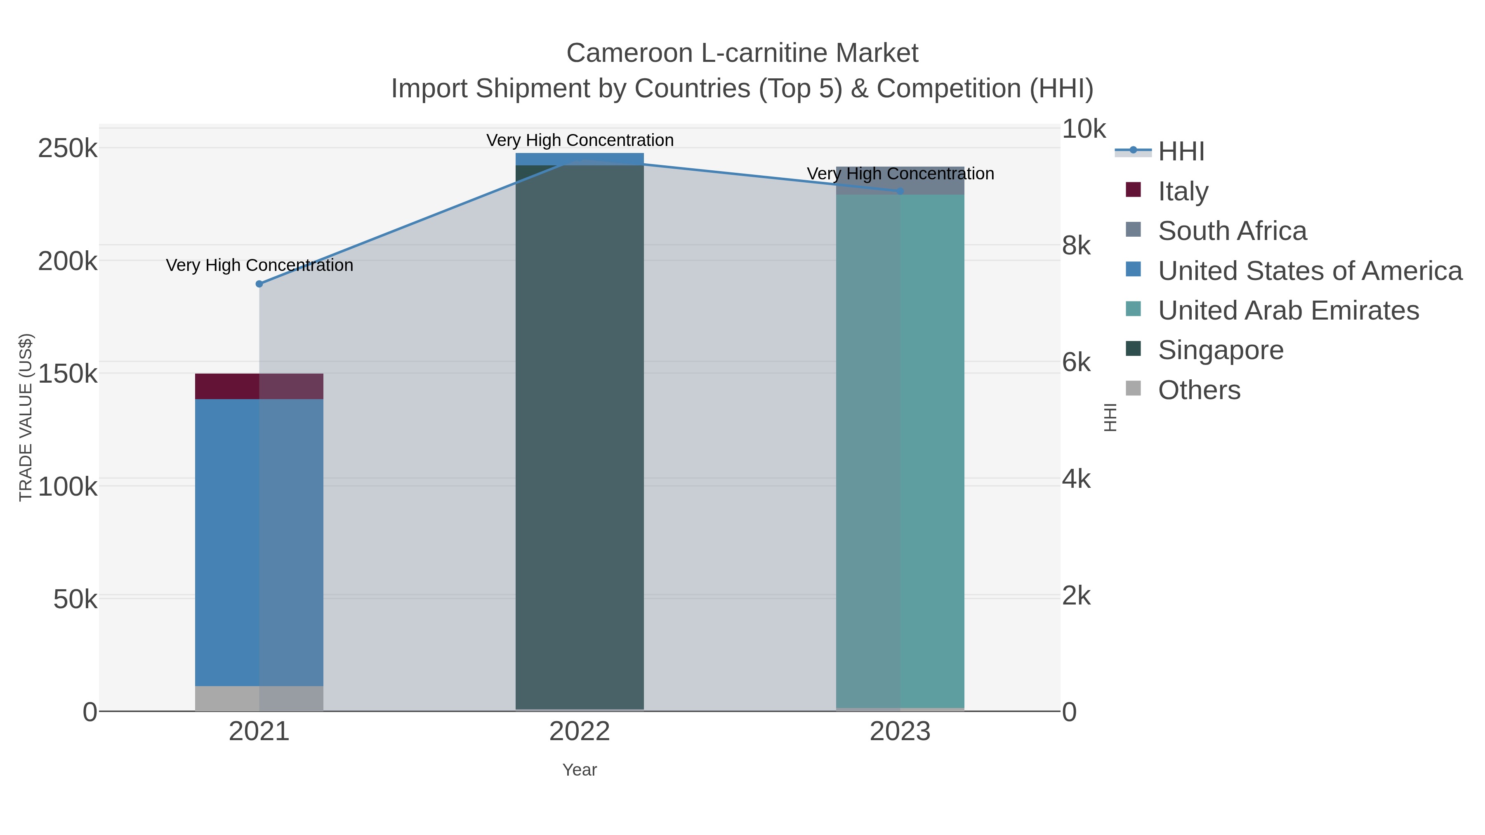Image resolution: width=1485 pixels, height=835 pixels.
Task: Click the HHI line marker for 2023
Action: coord(900,191)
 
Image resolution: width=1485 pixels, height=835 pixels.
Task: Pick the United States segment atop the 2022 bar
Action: coord(580,159)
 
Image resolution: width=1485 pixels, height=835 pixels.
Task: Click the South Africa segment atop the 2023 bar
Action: coord(900,180)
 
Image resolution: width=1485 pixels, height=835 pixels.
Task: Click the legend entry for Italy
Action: coord(1183,191)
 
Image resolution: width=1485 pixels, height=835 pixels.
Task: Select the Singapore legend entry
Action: coord(1221,350)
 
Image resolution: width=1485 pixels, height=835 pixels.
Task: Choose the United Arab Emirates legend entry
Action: coord(1288,310)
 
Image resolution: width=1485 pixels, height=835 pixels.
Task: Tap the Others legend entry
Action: coord(1199,390)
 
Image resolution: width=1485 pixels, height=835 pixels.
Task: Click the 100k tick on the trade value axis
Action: coord(68,487)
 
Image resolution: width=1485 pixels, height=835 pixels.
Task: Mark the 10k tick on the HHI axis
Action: coord(1084,129)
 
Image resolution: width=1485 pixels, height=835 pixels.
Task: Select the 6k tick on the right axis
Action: coord(1076,362)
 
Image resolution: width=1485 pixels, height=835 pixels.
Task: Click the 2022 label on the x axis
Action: coord(580,732)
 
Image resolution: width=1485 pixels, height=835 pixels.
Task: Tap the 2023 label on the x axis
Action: coord(900,732)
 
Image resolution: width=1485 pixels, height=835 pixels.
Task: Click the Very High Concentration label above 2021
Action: coord(259,265)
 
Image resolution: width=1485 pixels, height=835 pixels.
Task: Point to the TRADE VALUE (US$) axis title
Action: coord(26,417)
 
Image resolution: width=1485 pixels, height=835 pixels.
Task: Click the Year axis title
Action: coord(580,770)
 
